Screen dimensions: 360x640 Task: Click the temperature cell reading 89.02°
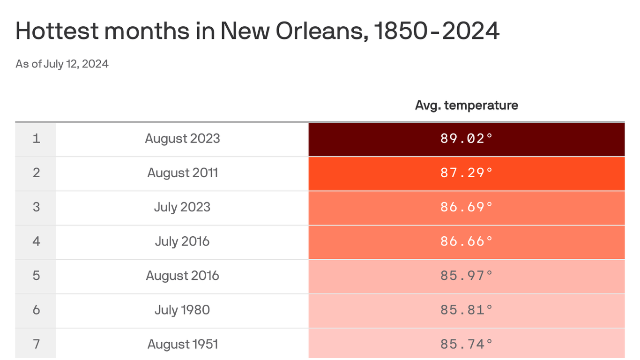(x=466, y=139)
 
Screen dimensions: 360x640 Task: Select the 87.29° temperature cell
(x=466, y=173)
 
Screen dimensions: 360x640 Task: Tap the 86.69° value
(x=466, y=207)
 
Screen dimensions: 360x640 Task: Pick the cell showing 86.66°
(x=466, y=241)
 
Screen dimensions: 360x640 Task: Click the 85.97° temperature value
(x=466, y=276)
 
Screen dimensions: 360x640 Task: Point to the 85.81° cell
(x=466, y=310)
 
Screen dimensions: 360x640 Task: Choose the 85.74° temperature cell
(x=466, y=344)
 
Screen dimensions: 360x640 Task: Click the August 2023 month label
(x=182, y=139)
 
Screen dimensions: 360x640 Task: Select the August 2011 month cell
(x=182, y=173)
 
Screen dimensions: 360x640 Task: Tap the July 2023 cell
(x=182, y=207)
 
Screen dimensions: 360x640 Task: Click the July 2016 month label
(x=182, y=241)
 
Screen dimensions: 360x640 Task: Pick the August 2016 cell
(x=182, y=276)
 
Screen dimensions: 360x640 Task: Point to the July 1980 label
(x=182, y=310)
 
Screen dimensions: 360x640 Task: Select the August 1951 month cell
(x=182, y=344)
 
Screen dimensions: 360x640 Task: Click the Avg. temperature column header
(x=466, y=105)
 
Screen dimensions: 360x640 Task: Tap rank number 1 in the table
(x=36, y=139)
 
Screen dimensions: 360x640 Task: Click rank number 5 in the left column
(x=36, y=276)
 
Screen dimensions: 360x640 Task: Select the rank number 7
(x=36, y=344)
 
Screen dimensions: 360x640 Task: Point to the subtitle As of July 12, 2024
(x=62, y=64)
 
